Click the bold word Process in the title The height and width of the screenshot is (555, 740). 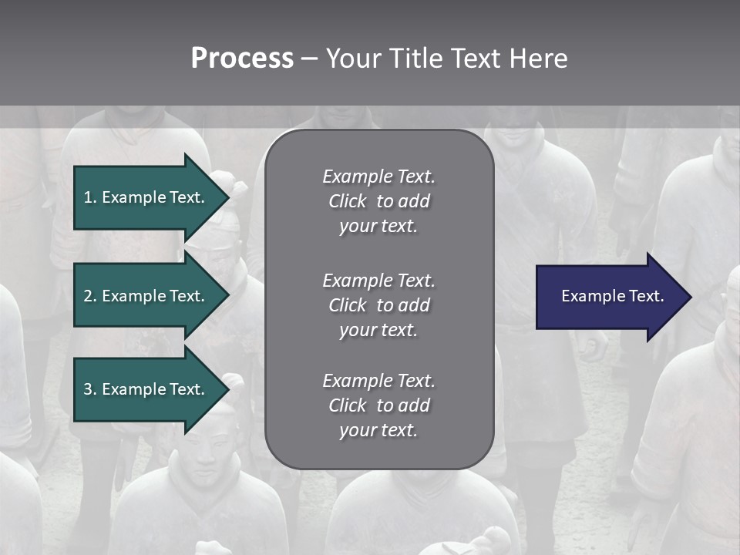242,59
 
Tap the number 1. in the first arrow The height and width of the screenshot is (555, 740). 90,197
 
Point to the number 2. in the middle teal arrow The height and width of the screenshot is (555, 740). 90,296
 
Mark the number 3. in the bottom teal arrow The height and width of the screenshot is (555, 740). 90,389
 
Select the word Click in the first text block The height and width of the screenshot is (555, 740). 347,201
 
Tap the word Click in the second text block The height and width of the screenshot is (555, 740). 347,305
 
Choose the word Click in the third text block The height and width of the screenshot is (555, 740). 347,405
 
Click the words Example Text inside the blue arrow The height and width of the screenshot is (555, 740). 613,296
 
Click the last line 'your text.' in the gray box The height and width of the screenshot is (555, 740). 378,430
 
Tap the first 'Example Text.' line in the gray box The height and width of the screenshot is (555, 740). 378,177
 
